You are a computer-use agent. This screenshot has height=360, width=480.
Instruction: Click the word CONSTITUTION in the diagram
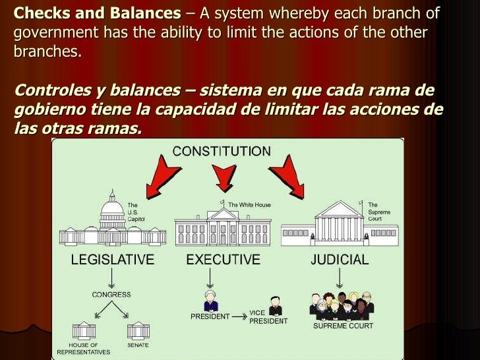[221, 151]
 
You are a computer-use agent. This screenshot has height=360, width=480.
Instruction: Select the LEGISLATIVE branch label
[112, 259]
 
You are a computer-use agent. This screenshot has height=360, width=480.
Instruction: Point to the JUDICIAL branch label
[340, 259]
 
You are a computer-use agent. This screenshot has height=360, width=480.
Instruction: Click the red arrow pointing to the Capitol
[162, 176]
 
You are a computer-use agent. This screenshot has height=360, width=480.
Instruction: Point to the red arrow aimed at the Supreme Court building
[285, 176]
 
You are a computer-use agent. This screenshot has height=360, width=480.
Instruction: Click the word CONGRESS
[111, 295]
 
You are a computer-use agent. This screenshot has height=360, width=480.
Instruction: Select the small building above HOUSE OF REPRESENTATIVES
[84, 330]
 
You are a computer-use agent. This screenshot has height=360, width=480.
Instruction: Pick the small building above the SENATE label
[138, 330]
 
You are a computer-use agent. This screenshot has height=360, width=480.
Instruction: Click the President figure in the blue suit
[210, 301]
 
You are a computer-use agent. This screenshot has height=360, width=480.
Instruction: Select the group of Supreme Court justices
[342, 306]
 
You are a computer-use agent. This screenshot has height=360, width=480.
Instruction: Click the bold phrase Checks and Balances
[97, 14]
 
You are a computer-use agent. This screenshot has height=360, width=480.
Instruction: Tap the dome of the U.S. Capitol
[112, 206]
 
